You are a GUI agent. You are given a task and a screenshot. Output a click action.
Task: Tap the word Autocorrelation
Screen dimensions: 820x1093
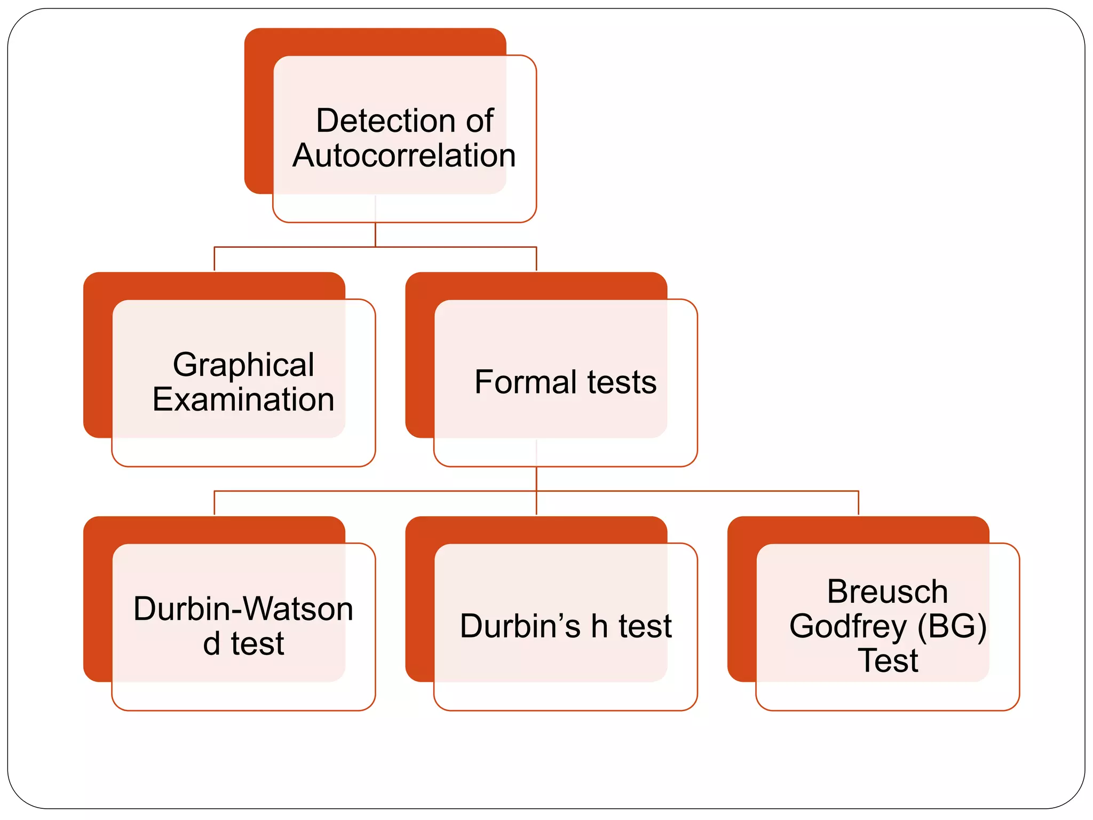(404, 156)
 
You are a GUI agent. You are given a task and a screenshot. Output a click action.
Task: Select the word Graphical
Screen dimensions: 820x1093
(243, 365)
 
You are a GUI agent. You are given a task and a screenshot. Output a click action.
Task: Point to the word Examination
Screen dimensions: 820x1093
(243, 400)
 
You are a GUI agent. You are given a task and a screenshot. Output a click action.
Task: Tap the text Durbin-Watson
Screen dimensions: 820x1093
(243, 609)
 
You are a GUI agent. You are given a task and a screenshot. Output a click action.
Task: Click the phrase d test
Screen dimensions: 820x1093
(243, 644)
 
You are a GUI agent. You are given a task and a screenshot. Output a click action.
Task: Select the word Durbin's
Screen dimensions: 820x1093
(520, 626)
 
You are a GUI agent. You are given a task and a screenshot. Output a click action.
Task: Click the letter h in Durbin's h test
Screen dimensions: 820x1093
(599, 626)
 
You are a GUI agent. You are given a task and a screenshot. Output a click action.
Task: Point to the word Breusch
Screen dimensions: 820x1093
(887, 592)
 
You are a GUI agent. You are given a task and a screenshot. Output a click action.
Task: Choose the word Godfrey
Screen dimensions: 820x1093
(848, 626)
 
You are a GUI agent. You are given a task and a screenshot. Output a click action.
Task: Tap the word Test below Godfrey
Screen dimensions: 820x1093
(888, 661)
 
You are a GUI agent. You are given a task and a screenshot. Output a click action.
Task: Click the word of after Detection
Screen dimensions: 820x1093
(479, 121)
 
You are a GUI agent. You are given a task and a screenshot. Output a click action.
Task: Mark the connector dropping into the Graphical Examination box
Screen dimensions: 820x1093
(214, 259)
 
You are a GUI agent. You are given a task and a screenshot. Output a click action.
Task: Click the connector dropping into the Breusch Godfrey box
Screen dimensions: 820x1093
(858, 503)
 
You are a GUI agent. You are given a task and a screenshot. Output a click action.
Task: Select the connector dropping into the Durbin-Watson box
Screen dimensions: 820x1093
(214, 503)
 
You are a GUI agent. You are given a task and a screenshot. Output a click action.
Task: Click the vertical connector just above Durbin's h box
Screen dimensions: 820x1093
(536, 503)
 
